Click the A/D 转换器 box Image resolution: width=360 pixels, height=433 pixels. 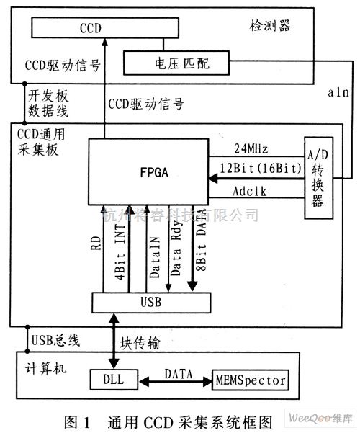tap(319, 177)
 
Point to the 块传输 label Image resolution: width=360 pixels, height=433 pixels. tap(138, 343)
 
